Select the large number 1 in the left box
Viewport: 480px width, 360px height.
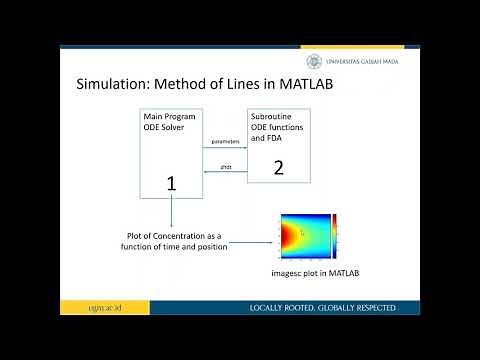171,183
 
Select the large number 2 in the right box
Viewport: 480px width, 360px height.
279,168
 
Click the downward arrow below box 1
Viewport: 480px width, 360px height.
171,215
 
